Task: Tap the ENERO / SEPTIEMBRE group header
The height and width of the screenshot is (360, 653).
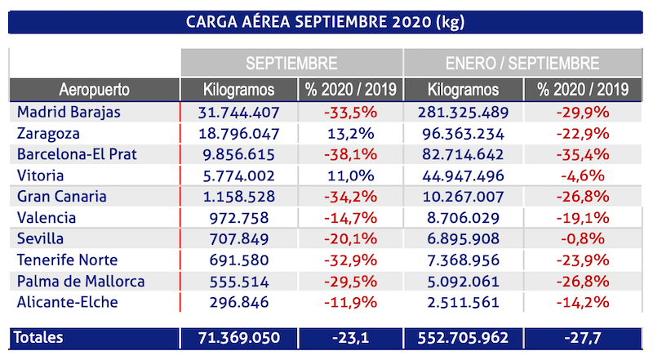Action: coord(522,63)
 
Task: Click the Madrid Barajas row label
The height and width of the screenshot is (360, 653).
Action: coord(69,112)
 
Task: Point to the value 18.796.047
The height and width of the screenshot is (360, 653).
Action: coord(238,132)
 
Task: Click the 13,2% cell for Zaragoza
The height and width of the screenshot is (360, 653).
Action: coord(350,132)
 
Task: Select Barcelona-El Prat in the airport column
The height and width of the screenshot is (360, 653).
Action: coord(78,153)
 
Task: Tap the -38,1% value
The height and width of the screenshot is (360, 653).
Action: coord(350,153)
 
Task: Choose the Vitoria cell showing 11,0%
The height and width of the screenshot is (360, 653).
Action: coord(350,175)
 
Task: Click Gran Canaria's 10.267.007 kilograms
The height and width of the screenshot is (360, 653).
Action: coord(463,196)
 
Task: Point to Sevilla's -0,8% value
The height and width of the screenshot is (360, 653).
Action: coord(581,238)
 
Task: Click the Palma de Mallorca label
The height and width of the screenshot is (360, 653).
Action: coord(81,281)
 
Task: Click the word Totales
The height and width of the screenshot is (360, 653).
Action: coord(40,337)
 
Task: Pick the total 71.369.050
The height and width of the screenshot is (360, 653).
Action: coord(238,337)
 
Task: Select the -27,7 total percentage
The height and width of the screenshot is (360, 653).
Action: coord(581,337)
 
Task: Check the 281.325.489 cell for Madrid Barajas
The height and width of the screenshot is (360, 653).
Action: coord(463,112)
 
